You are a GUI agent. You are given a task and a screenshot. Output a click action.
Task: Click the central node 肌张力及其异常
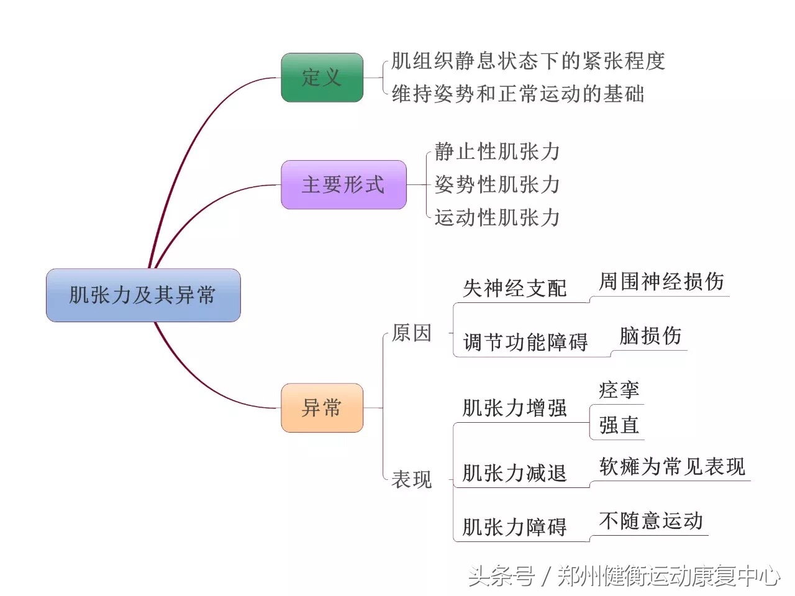coord(143,295)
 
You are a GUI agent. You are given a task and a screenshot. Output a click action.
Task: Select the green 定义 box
coord(322,78)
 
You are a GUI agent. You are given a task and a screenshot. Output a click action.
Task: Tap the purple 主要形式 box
coord(343,184)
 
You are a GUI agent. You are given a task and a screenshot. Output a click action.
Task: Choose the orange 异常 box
coord(322,408)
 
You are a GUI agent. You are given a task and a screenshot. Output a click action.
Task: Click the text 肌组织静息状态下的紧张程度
coord(528,61)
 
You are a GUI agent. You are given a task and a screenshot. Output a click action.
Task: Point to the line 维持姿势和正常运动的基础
coord(517,94)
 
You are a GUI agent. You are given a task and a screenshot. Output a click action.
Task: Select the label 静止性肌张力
coord(497,151)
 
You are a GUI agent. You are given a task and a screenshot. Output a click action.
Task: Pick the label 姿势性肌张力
coord(497,184)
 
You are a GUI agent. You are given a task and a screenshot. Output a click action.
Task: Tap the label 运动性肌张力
coord(497,217)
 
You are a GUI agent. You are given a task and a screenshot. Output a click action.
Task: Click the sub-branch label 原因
coord(412,333)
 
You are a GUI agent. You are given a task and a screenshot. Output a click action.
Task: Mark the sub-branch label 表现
coord(412,479)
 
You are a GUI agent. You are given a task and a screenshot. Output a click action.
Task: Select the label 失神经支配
coord(515,288)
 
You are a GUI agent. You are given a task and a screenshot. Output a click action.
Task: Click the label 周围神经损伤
coord(661,282)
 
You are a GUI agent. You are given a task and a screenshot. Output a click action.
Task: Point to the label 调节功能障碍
coord(525,342)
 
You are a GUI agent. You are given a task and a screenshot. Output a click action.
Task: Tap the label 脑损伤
coord(650,336)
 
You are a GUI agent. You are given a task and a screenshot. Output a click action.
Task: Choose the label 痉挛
coord(619,390)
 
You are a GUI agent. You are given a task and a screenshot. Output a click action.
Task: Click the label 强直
coord(619,425)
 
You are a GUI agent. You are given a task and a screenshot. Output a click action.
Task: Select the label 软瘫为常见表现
coord(672,466)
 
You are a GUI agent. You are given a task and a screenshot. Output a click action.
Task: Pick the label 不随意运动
coord(650,520)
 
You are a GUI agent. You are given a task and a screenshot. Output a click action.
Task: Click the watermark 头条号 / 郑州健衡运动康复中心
coord(624,576)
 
